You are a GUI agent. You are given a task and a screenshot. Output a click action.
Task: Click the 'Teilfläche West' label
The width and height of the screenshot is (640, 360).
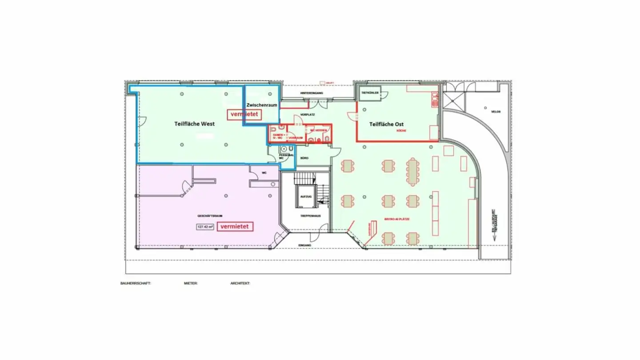(x=194, y=124)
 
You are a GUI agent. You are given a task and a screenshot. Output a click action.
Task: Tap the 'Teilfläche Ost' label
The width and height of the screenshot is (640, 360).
(x=386, y=124)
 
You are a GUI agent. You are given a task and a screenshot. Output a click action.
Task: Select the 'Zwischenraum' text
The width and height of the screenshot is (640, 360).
(x=262, y=105)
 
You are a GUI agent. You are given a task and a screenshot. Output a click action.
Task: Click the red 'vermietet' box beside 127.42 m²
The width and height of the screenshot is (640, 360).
(x=235, y=226)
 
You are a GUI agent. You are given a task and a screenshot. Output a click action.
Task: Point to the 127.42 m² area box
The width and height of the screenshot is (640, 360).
(x=205, y=227)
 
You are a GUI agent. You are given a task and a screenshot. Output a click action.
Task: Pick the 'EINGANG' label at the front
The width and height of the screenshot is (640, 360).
(x=304, y=245)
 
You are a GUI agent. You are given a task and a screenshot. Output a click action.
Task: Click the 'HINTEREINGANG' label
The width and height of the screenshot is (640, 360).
(x=310, y=93)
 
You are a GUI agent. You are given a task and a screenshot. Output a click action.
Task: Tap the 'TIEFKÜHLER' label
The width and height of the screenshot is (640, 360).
(x=370, y=93)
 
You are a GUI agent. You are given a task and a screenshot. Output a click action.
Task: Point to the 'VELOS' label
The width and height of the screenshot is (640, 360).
(x=496, y=112)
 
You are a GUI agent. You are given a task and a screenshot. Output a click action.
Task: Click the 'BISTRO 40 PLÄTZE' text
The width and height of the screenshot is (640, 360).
(x=396, y=219)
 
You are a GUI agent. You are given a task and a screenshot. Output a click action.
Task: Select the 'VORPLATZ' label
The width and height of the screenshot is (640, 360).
(x=308, y=115)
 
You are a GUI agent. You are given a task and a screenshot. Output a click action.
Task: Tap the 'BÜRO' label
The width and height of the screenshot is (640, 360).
(x=304, y=158)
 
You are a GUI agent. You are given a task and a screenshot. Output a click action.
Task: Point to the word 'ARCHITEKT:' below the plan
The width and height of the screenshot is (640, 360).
(x=240, y=283)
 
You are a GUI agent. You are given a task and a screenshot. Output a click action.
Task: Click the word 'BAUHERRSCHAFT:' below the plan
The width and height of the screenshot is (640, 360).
(x=136, y=283)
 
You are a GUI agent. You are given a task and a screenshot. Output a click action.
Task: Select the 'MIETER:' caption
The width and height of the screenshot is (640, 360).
(x=191, y=283)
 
